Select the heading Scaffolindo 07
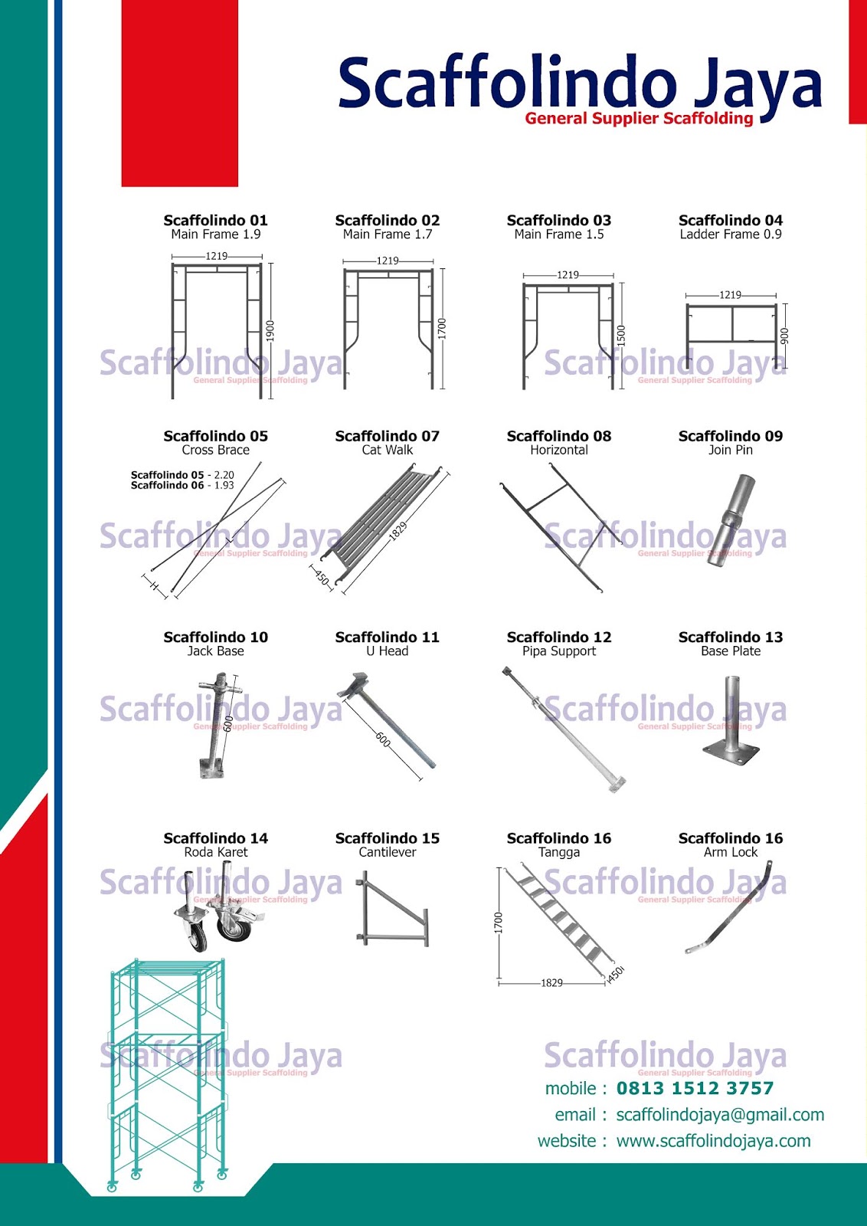click(387, 436)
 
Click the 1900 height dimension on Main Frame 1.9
click(270, 330)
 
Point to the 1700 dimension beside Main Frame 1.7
click(441, 329)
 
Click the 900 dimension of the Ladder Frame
click(784, 336)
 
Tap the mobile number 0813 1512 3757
click(695, 1088)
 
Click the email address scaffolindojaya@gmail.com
click(720, 1115)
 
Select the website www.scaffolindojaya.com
click(713, 1141)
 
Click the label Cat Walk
click(387, 451)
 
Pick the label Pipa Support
click(558, 651)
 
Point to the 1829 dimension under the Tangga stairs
click(551, 983)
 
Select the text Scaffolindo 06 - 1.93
click(182, 486)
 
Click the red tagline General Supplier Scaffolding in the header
click(639, 118)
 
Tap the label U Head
click(387, 651)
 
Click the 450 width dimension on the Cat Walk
click(322, 577)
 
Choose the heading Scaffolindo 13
click(730, 637)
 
